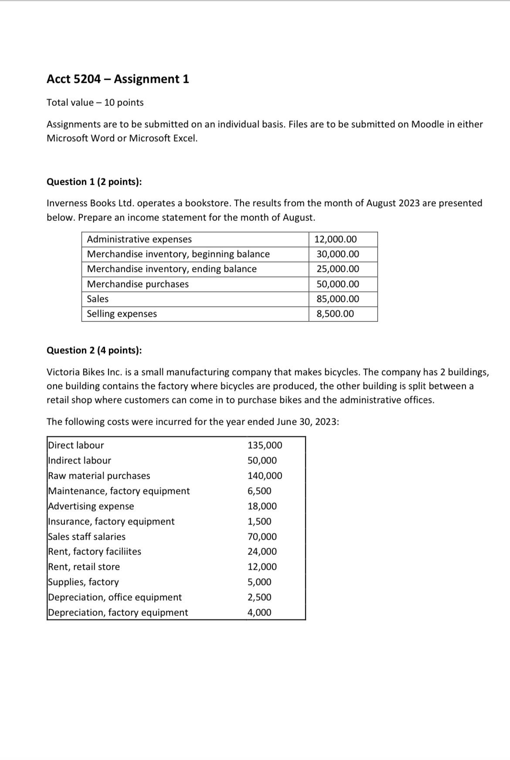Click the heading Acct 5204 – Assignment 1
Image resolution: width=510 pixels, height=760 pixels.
click(x=118, y=79)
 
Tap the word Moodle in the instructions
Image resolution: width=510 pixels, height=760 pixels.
click(x=427, y=124)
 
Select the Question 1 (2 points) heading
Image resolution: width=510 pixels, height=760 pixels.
click(x=94, y=182)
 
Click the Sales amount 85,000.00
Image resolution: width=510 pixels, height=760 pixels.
click(x=338, y=299)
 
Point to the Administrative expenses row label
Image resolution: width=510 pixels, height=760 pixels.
click(x=139, y=239)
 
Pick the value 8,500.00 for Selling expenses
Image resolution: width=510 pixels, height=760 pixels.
click(x=335, y=314)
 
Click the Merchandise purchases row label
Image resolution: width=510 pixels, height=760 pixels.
click(x=138, y=284)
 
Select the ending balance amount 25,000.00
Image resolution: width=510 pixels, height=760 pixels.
click(x=338, y=269)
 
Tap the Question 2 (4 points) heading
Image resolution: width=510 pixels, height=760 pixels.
click(x=94, y=350)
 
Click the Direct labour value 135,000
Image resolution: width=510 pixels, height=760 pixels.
click(x=265, y=445)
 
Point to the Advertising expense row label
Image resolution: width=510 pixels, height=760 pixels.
click(x=91, y=506)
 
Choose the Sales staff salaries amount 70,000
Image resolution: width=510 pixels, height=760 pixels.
click(x=262, y=537)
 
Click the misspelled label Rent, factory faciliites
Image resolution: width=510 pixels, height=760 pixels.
click(x=95, y=551)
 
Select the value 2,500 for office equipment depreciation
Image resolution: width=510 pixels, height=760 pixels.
click(x=259, y=597)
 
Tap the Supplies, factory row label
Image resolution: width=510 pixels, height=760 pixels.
click(x=83, y=582)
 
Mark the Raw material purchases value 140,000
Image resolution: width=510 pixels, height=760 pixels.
click(x=265, y=476)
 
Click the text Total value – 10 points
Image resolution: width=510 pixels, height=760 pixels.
click(x=95, y=102)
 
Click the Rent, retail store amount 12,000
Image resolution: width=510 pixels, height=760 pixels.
click(x=262, y=567)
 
